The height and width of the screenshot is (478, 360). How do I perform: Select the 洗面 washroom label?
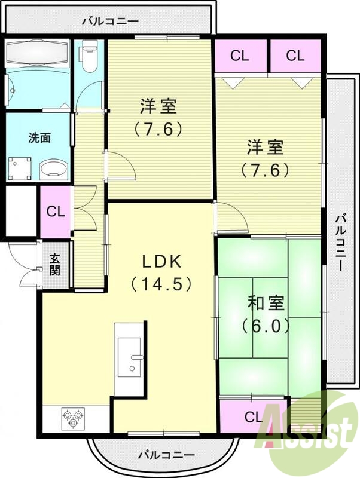coord(39,137)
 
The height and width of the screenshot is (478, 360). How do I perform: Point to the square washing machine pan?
coord(20,168)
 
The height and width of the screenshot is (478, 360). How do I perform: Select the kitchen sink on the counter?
coord(130,357)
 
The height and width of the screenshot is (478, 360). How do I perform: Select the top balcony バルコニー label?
coord(110,21)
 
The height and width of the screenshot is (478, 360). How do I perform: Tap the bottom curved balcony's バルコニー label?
coord(166,454)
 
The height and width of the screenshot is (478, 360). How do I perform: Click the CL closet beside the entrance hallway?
coord(55,211)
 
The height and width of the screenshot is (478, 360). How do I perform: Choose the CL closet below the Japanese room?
coord(253,416)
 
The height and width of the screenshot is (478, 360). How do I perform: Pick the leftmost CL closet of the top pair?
coord(239,56)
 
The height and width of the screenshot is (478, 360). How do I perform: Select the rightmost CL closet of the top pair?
coord(294,56)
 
